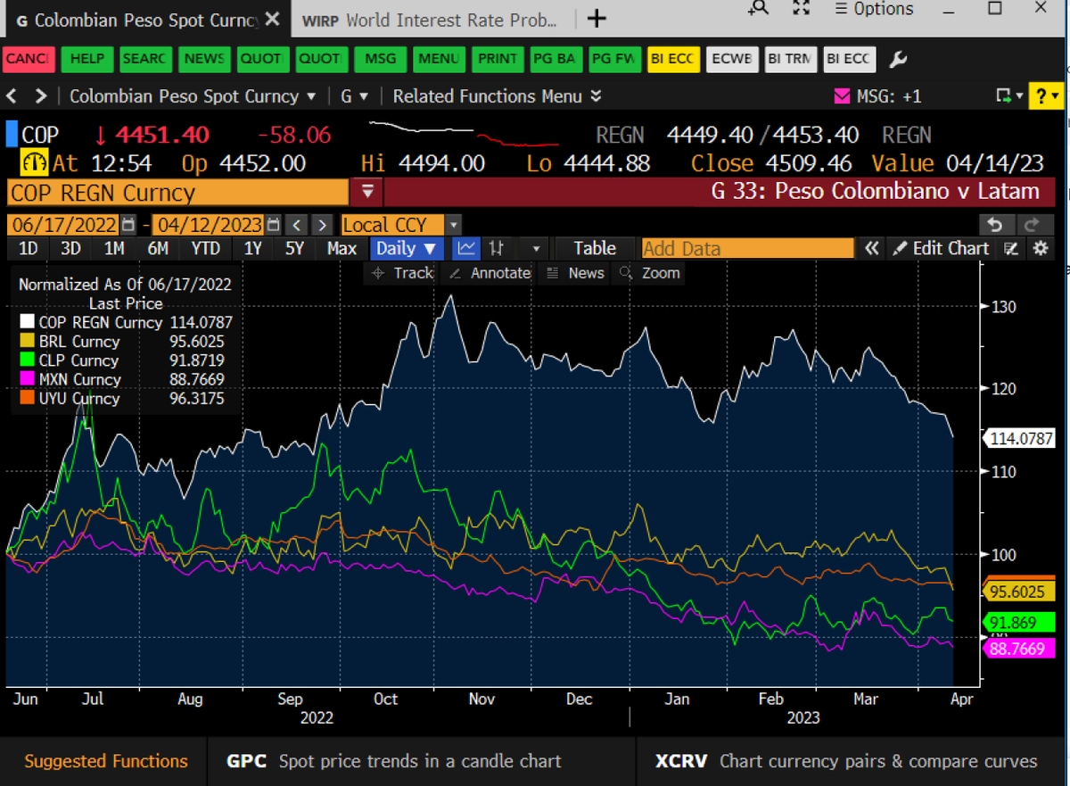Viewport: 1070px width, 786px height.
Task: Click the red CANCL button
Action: click(29, 59)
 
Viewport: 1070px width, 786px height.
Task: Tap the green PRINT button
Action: click(498, 59)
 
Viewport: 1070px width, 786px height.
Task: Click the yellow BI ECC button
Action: click(673, 59)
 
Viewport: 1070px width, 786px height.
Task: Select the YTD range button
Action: click(205, 248)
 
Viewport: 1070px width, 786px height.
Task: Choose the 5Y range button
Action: click(294, 248)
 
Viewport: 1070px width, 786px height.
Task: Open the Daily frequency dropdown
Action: click(407, 248)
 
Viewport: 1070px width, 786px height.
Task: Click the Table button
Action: click(595, 248)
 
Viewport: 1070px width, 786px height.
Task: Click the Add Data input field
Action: click(747, 248)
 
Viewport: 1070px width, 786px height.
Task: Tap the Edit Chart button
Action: click(941, 248)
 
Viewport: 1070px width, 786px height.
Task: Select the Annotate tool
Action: click(490, 273)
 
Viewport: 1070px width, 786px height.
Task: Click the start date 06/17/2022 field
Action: click(64, 225)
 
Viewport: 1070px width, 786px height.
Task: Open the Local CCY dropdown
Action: click(400, 225)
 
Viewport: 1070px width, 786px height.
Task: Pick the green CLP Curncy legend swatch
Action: click(28, 360)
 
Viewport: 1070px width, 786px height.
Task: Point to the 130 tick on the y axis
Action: click(1003, 307)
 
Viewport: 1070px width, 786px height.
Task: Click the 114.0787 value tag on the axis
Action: click(1020, 438)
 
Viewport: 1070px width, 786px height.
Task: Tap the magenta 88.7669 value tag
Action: click(1018, 649)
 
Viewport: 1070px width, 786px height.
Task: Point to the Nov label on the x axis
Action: click(481, 699)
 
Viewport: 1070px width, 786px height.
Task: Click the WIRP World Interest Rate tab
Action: click(430, 20)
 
